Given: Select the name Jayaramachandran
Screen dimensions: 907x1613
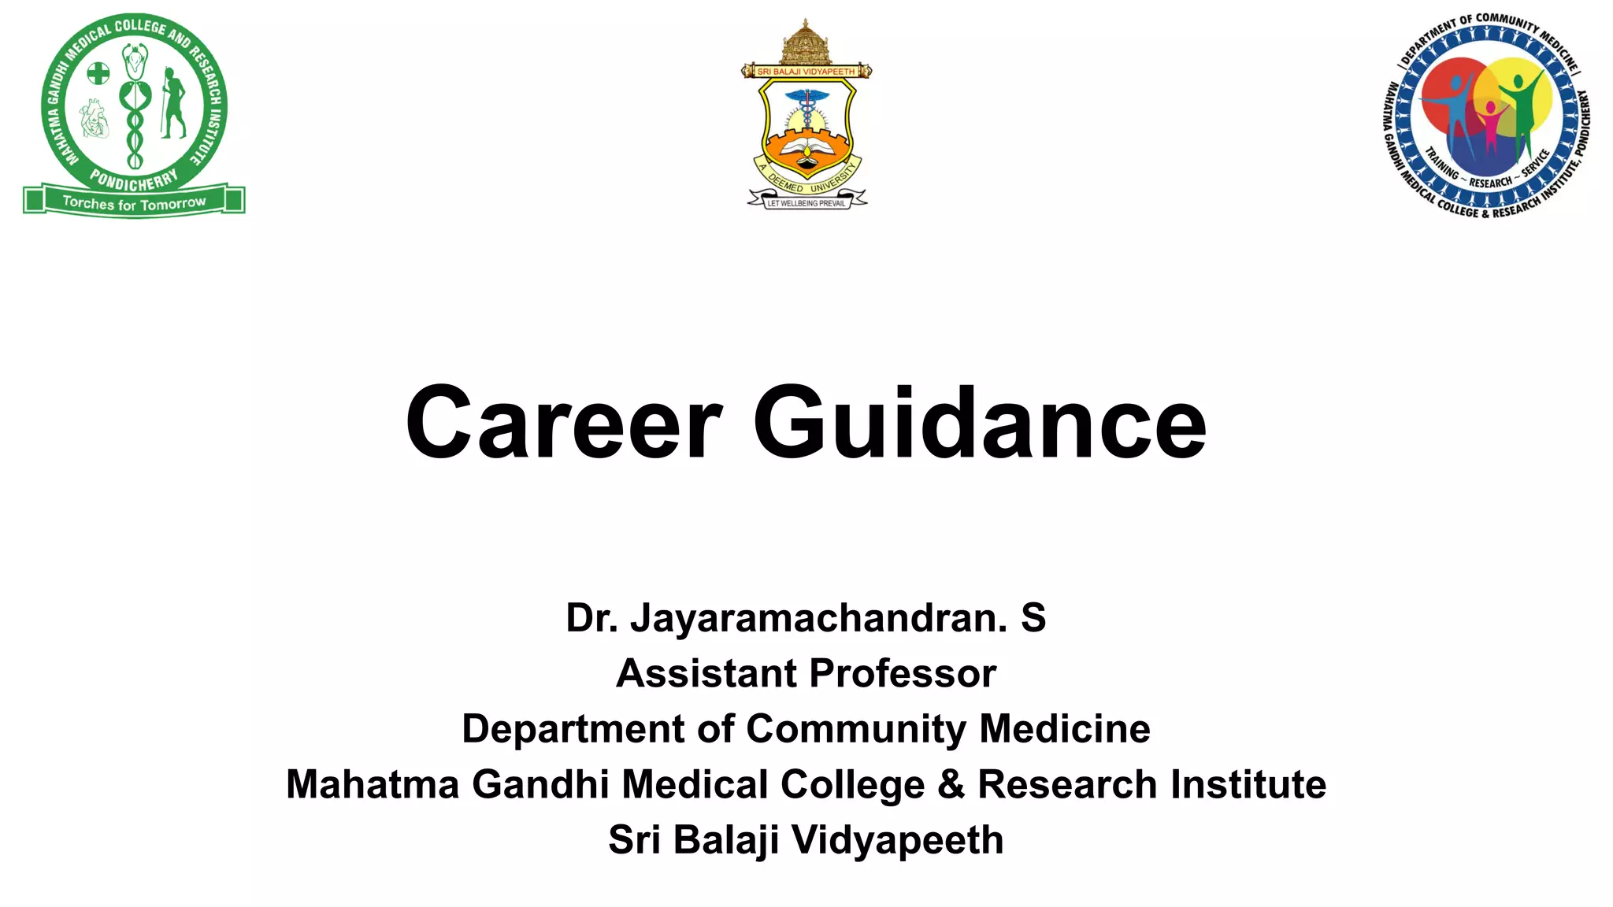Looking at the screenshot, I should pyautogui.click(x=818, y=618).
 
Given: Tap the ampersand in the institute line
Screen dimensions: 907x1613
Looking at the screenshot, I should pyautogui.click(x=951, y=785).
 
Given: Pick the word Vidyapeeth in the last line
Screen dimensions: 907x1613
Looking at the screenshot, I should pyautogui.click(x=897, y=840).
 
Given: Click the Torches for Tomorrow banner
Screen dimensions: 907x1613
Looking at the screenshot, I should pyautogui.click(x=134, y=202).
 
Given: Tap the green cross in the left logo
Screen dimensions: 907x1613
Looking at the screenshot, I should pyautogui.click(x=98, y=74).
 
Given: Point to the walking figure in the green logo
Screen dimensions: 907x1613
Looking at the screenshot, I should pyautogui.click(x=172, y=102).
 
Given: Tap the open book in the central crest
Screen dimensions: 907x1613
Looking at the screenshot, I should pyautogui.click(x=806, y=148).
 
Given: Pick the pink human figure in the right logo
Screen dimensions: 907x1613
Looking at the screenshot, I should pyautogui.click(x=1491, y=126).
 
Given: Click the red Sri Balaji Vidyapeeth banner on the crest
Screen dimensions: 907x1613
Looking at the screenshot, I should pyautogui.click(x=806, y=72).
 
